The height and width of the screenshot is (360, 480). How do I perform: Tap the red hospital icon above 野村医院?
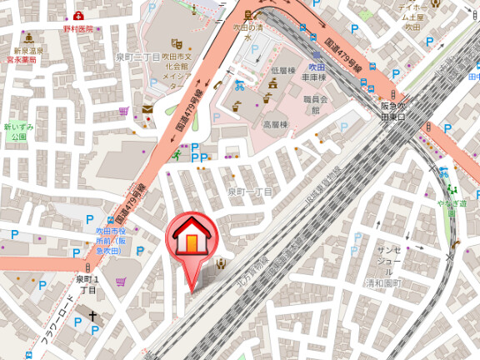tap(78, 16)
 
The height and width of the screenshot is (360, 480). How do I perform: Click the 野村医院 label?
tap(78, 28)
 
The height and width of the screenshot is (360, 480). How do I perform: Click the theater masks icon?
tap(177, 43)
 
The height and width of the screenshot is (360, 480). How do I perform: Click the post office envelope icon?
tap(148, 109)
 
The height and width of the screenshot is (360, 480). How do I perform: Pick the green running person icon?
tap(177, 154)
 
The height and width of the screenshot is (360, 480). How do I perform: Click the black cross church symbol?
tap(93, 317)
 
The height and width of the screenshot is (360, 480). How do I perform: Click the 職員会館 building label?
tap(315, 103)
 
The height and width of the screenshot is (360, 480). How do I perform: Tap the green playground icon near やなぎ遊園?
tap(444, 172)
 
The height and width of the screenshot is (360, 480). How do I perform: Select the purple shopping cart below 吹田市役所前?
tap(122, 282)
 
